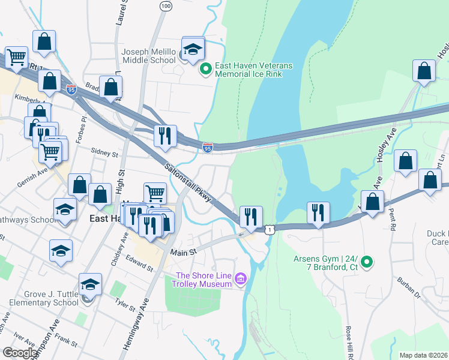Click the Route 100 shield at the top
point(166,5)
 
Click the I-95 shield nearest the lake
point(207,148)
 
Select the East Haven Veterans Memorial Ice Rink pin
point(205,70)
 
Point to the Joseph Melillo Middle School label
point(149,56)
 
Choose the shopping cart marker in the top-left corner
point(16,58)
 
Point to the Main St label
point(184,253)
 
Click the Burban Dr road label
point(408,289)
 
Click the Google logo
point(20,353)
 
